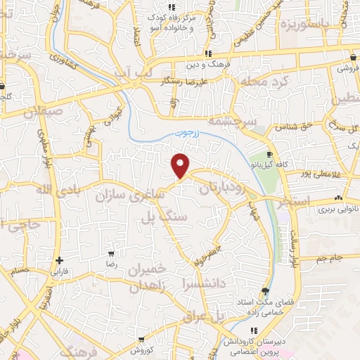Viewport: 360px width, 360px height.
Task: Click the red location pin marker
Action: coord(181,164)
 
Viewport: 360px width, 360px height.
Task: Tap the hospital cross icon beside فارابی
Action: coord(60,260)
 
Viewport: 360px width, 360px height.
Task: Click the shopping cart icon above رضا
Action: coord(111,253)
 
